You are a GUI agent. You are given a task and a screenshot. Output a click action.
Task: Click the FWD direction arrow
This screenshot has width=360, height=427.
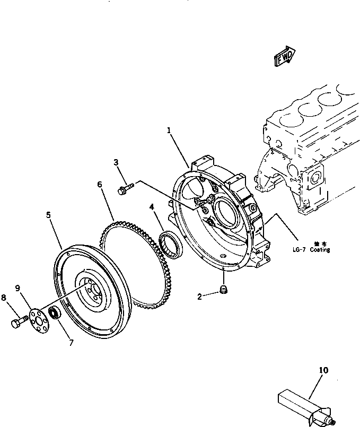tap(285, 57)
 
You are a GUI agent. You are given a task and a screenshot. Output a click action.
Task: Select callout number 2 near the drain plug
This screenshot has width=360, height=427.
tap(200, 297)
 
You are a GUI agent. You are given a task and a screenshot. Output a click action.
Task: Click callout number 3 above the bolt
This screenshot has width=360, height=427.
tap(116, 162)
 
